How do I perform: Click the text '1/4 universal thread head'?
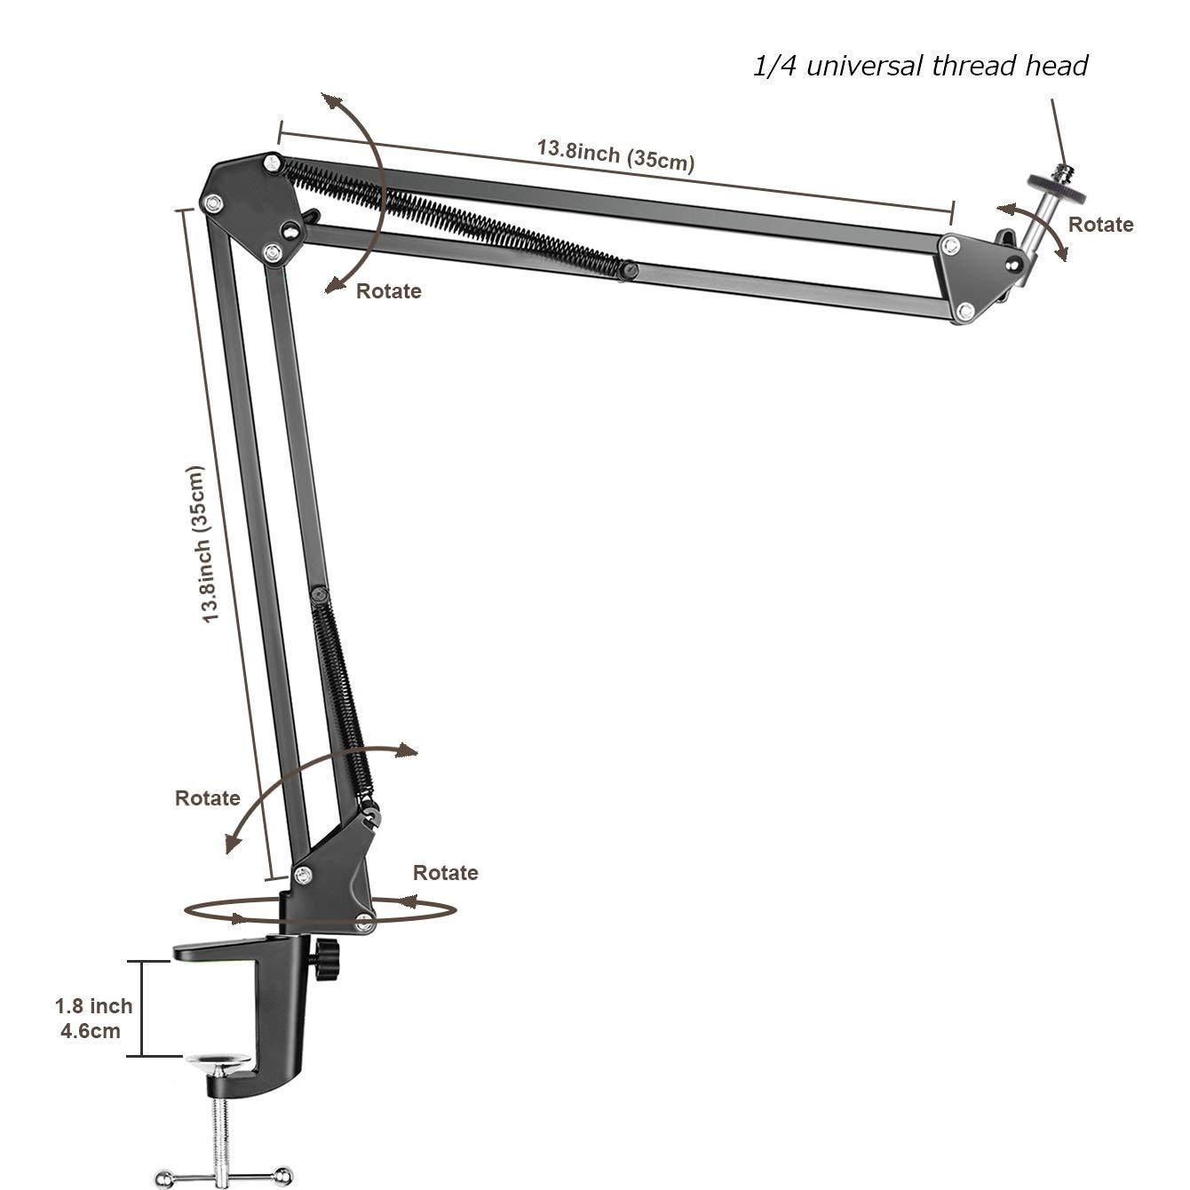pyautogui.click(x=920, y=66)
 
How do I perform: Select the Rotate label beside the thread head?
pyautogui.click(x=1100, y=225)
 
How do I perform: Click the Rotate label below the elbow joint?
pyautogui.click(x=388, y=291)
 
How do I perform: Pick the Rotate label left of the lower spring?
pyautogui.click(x=207, y=797)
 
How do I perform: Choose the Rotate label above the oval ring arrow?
pyautogui.click(x=445, y=873)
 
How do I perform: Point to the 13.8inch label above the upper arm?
pyautogui.click(x=615, y=155)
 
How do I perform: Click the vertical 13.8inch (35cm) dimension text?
pyautogui.click(x=204, y=543)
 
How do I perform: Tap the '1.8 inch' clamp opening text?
pyautogui.click(x=93, y=1006)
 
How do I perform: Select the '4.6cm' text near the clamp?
pyautogui.click(x=90, y=1031)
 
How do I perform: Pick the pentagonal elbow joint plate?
pyautogui.click(x=250, y=205)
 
